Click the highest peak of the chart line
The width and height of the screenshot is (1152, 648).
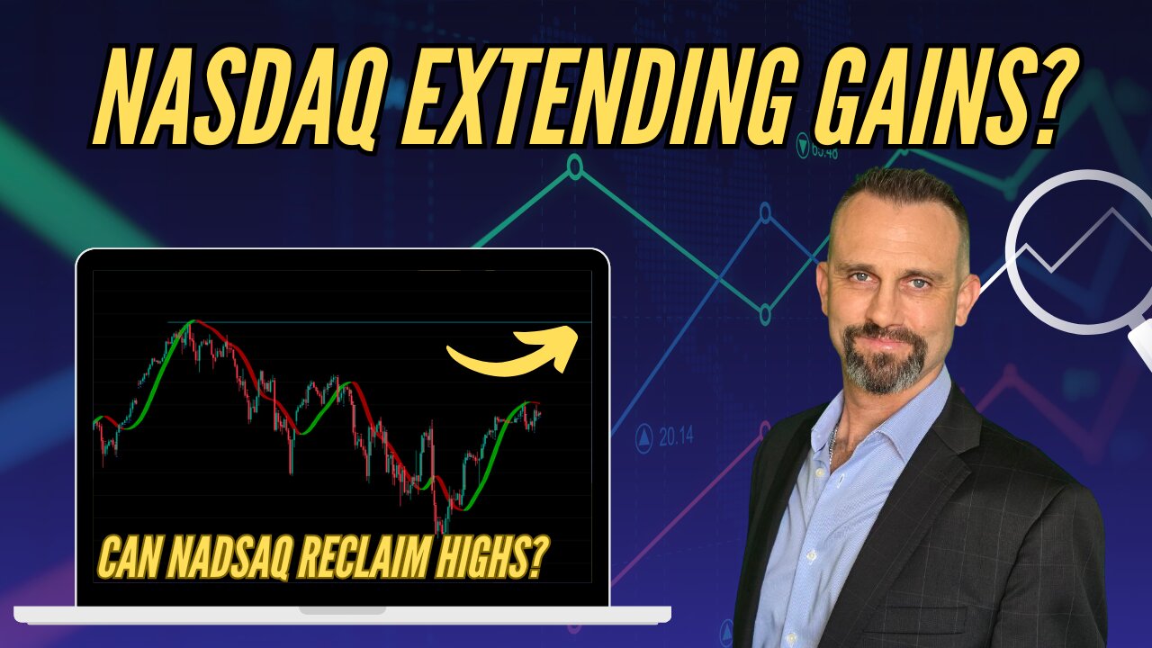pos(190,321)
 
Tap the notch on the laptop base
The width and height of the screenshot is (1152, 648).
pos(342,609)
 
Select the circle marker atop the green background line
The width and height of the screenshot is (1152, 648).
pos(574,166)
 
